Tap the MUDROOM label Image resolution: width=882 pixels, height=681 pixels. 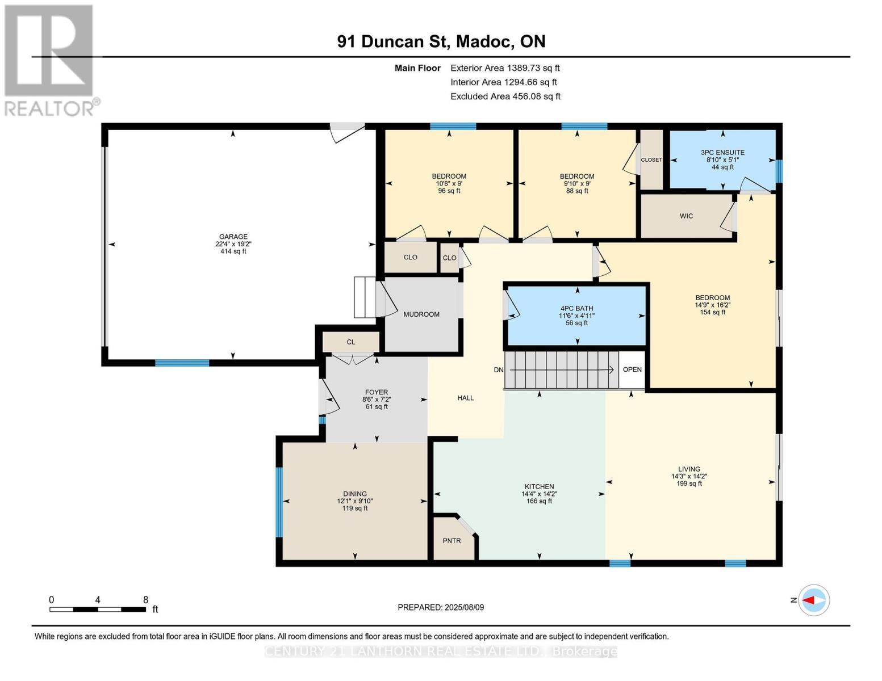pos(421,314)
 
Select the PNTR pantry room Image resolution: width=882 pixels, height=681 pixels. pos(452,540)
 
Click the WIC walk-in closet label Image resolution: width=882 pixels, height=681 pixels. pos(686,216)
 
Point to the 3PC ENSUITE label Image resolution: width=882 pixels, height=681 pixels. pos(722,153)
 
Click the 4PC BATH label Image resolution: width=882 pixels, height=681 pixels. pos(576,308)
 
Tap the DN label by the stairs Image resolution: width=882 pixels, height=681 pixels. pos(498,369)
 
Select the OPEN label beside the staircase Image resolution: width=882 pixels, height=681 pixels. pos(632,369)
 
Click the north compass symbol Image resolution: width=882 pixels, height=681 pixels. pos(814,600)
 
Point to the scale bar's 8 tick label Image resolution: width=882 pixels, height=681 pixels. pos(145,599)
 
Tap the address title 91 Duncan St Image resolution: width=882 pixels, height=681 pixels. pos(441,41)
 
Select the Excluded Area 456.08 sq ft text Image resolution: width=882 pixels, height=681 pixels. pos(505,96)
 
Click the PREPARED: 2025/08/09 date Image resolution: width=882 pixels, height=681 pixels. pos(441,607)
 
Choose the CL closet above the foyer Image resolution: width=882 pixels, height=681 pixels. pos(350,342)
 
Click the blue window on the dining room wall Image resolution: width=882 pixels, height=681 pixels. pos(279,502)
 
